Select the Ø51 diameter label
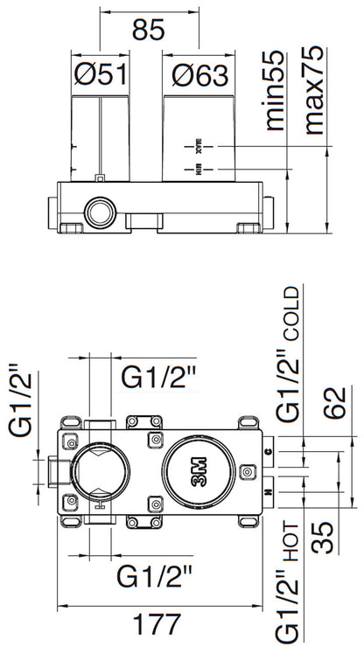point(100,74)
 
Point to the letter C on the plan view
point(268,449)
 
